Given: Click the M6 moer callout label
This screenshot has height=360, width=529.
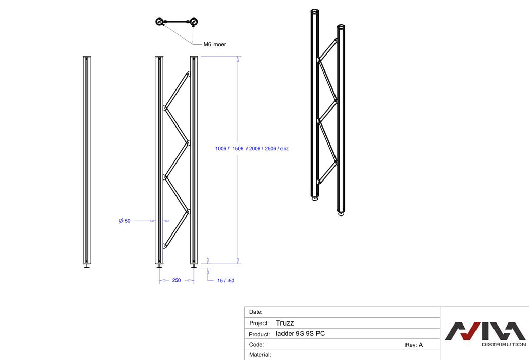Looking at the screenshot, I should tap(215, 45).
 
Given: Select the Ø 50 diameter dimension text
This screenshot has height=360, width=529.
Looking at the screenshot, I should tap(125, 221).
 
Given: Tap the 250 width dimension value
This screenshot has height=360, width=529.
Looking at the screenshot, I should tap(176, 280).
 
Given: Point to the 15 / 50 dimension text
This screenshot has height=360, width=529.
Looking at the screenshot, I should tap(225, 280).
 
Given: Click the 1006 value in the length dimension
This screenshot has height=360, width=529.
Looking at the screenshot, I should tap(221, 149).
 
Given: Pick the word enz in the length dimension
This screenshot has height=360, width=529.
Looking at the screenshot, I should tap(284, 149).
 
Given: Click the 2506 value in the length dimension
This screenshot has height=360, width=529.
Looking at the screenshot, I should tap(270, 149).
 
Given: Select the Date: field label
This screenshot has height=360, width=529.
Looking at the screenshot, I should tap(256, 312).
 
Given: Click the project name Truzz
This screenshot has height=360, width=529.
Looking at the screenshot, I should tap(285, 323).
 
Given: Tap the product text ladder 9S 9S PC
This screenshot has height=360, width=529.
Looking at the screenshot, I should tap(300, 334).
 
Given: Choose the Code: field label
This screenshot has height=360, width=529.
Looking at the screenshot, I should tap(256, 345).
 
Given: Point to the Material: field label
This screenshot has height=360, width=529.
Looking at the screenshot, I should tap(260, 355).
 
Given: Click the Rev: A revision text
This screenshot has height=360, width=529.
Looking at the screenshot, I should tap(414, 345).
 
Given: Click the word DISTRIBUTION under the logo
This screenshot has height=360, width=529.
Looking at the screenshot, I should tap(503, 345).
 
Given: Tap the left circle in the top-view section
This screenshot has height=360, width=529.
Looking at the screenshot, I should tap(160, 22).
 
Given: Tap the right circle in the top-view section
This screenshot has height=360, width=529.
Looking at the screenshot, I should tap(193, 22).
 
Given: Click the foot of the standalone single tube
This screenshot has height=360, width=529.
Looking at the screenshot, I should tap(86, 266).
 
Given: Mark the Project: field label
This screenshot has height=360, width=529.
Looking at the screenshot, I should tap(259, 323).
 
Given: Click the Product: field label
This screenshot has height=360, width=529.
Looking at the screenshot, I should tap(259, 334).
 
